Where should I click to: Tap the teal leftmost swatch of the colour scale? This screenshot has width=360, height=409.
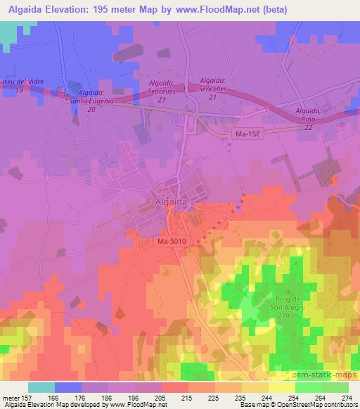41,387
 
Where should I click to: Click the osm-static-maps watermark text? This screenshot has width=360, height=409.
325,372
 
